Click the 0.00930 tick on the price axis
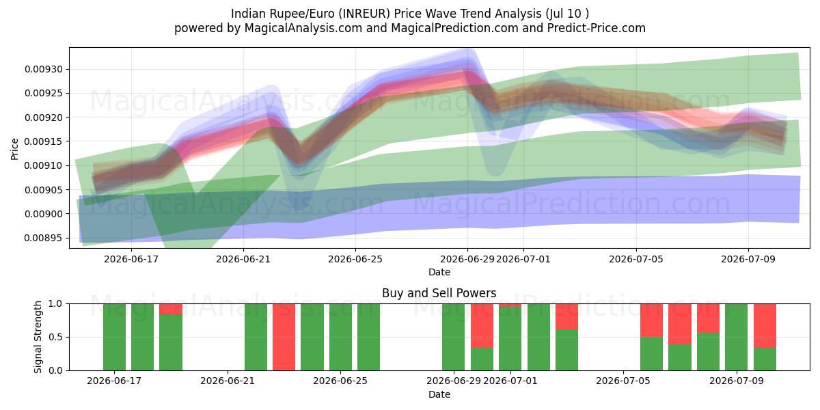point(44,69)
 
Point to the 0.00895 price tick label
point(44,238)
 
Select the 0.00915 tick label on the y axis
point(44,141)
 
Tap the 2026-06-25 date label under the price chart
point(355,259)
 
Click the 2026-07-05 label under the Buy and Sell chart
point(623,381)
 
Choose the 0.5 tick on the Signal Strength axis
point(56,337)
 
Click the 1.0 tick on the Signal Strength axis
point(56,304)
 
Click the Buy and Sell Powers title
point(439,293)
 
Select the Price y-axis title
point(14,149)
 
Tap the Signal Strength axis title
point(38,337)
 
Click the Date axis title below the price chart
point(439,272)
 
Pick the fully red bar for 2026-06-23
point(284,337)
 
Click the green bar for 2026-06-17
point(114,337)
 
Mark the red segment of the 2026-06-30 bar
point(482,326)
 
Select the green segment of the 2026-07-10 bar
point(765,359)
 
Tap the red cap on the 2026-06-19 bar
point(171,309)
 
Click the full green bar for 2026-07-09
point(737,337)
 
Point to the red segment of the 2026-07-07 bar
point(680,324)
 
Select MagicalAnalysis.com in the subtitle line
point(303,28)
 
